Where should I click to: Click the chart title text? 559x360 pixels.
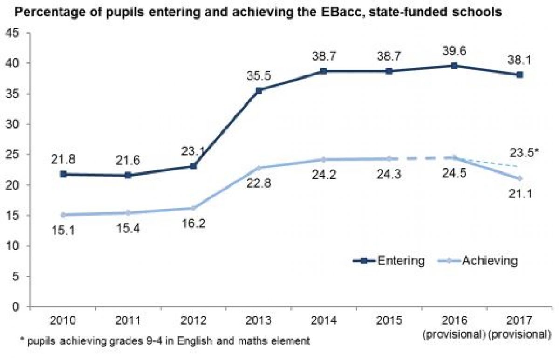click(259, 13)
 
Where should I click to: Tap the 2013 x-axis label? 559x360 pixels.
click(259, 322)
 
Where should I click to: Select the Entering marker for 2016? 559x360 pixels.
click(454, 66)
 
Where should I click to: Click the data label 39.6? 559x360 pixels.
click(454, 50)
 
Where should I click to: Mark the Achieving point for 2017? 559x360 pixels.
click(519, 178)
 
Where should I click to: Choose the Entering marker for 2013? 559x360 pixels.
click(259, 90)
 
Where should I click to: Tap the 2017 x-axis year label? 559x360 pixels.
click(519, 322)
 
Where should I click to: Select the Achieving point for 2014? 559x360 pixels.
click(323, 159)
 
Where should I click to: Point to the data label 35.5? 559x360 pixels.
click(259, 75)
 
